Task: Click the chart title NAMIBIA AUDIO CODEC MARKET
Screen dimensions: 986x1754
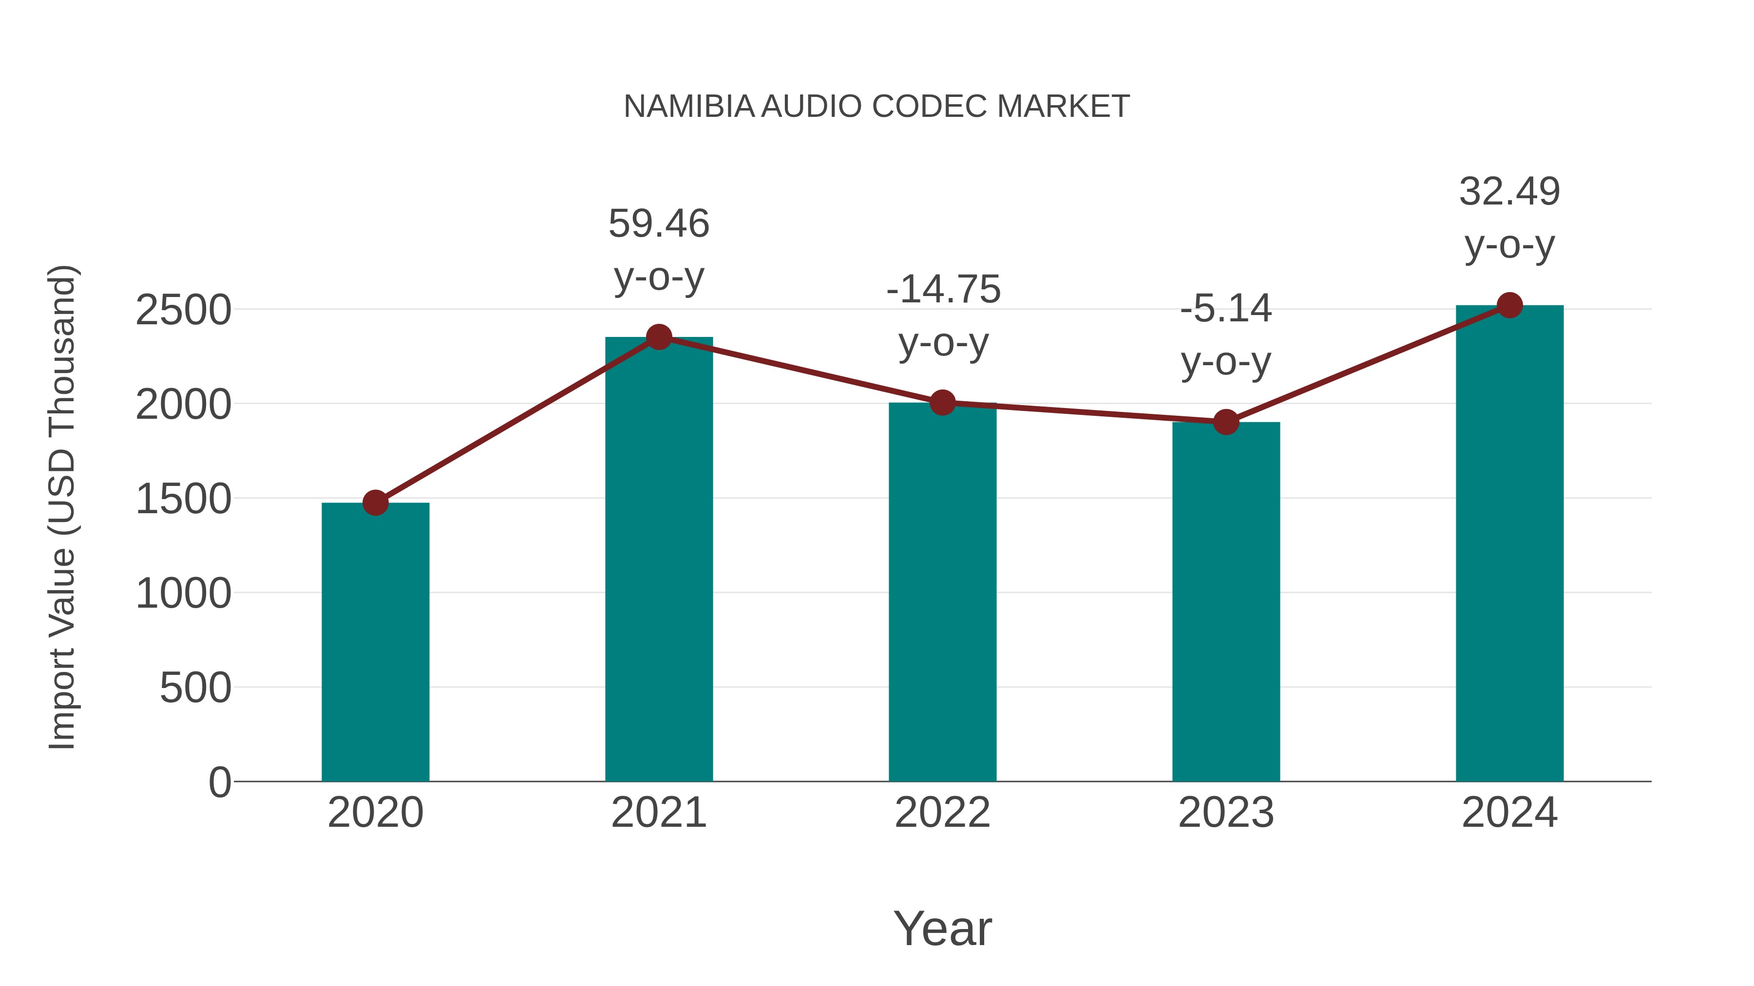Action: (877, 107)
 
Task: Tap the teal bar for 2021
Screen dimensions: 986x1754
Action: (658, 558)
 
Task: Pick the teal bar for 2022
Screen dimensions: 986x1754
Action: (942, 592)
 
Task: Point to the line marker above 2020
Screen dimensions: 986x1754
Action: (375, 503)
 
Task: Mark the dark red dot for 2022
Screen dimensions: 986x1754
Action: (942, 403)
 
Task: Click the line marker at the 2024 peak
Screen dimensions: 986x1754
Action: (1509, 305)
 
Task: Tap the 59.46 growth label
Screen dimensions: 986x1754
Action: (658, 224)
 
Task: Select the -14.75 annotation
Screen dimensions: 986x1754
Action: (943, 290)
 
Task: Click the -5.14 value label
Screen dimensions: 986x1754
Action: (1226, 309)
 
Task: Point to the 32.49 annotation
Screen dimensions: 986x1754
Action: (1509, 192)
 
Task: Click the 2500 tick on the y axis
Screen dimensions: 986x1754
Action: (183, 311)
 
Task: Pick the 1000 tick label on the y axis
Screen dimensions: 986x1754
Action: (183, 594)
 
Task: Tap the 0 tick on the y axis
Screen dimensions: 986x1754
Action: (219, 782)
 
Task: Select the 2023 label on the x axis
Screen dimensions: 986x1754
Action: (1226, 813)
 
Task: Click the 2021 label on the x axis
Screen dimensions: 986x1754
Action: (658, 813)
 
